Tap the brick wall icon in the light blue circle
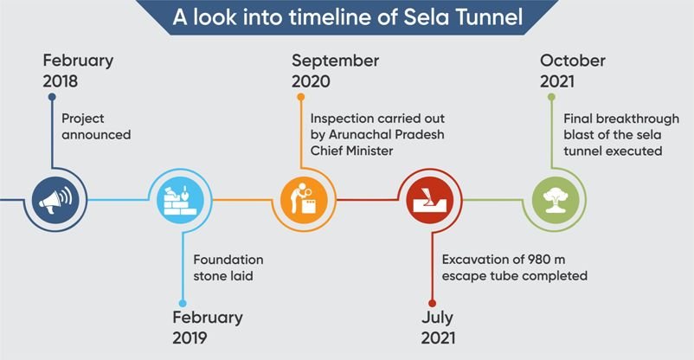click(181, 200)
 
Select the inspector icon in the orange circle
click(305, 199)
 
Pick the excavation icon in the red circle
click(430, 200)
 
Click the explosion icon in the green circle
click(556, 200)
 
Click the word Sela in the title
click(426, 16)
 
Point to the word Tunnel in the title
click(489, 16)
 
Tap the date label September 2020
click(335, 71)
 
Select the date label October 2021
click(572, 71)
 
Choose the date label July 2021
click(438, 328)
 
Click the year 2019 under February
click(190, 337)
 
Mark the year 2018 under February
click(61, 81)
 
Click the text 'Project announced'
click(96, 126)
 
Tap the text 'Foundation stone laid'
click(228, 267)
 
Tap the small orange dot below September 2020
click(301, 97)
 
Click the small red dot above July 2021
click(432, 304)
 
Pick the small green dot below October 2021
click(551, 97)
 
